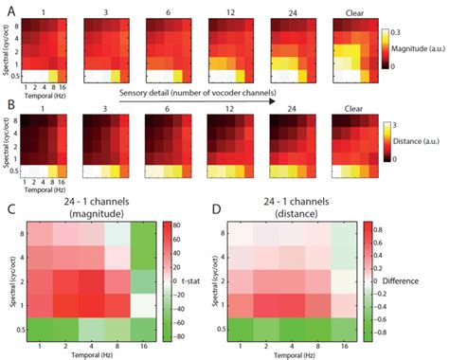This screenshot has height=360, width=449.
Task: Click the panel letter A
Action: point(8,9)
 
